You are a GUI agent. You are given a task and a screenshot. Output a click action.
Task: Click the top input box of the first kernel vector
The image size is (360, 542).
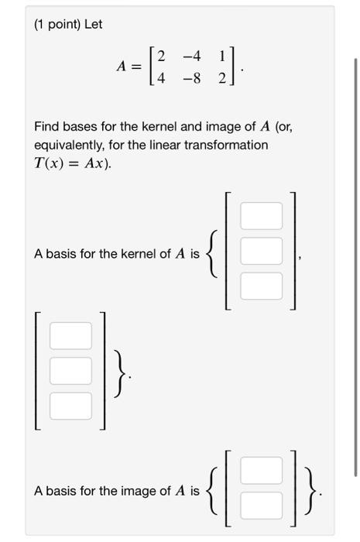pos(261,216)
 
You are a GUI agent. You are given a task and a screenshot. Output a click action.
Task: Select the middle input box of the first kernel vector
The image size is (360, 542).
pos(261,251)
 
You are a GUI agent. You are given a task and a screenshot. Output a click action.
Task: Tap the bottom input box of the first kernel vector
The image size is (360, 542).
pos(261,286)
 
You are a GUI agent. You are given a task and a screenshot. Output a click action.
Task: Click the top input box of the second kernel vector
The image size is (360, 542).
pos(70,335)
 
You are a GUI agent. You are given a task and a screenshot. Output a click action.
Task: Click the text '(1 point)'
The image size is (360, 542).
pos(57,24)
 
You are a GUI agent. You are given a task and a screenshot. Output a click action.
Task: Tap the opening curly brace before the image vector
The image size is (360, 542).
pos(214,489)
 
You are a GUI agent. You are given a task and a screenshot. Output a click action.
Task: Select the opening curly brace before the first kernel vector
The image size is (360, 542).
pos(214,252)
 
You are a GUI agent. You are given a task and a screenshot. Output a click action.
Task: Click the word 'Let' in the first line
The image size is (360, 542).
pos(94,24)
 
